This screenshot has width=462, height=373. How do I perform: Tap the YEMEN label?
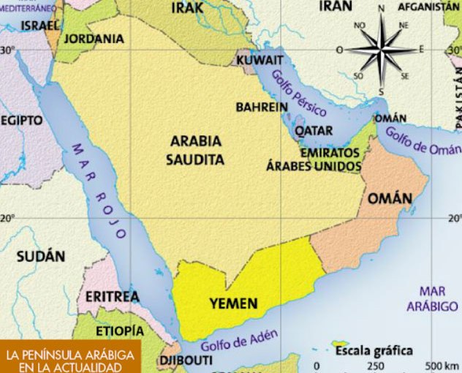click(233, 303)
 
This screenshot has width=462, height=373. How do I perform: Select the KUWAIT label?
click(260, 59)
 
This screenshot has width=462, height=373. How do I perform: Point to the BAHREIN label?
click(261, 107)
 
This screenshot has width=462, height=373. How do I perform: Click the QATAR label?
click(314, 131)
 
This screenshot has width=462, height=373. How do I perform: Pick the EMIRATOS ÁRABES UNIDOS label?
click(314, 160)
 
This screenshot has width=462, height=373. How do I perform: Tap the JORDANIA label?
click(94, 39)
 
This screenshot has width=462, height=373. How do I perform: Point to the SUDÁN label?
click(41, 256)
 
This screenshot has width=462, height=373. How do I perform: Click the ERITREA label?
click(112, 297)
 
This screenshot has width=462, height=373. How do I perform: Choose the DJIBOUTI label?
click(186, 361)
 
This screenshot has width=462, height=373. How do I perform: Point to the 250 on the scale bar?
click(375, 366)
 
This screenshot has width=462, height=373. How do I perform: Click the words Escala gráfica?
click(374, 350)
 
